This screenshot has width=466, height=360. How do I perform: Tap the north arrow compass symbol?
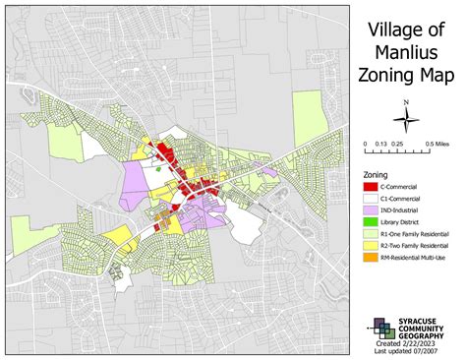point(405,120)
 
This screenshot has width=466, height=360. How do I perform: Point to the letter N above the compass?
point(405,102)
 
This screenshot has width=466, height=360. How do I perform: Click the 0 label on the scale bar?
point(364,144)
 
